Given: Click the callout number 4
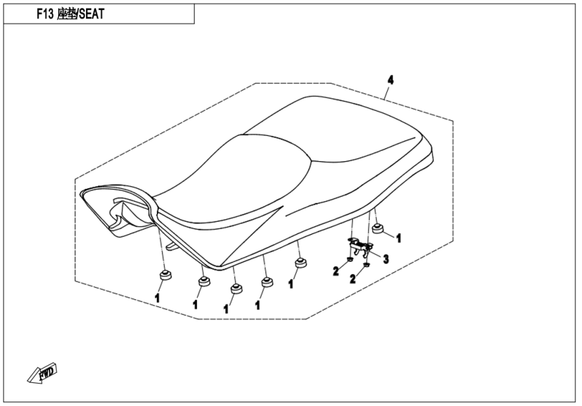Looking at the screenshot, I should (x=390, y=80).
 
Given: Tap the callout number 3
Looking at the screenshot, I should (x=386, y=258).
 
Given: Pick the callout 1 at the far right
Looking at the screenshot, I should (x=399, y=238).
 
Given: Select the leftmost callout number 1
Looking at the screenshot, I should (x=157, y=297).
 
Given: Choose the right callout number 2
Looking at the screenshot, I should (x=353, y=279).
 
